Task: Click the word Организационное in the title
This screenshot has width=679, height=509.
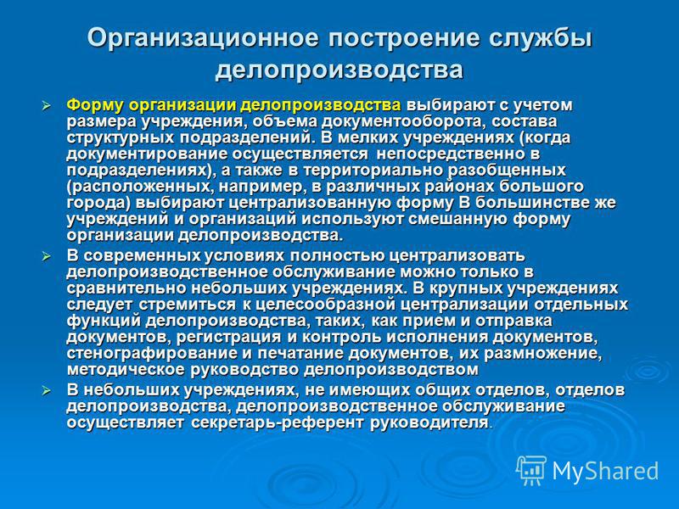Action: [x=203, y=37]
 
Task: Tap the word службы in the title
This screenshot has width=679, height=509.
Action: [x=541, y=37]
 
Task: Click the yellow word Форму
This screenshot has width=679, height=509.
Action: [x=95, y=105]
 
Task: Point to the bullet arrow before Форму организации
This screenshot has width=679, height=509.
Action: [x=46, y=105]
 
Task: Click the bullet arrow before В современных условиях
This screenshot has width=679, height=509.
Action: [x=46, y=257]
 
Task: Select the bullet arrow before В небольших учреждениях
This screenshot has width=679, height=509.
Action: [x=46, y=391]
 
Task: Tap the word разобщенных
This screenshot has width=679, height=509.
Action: [x=507, y=171]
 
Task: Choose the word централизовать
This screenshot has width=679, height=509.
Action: [x=457, y=256]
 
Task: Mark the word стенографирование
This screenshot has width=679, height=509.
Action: [x=152, y=353]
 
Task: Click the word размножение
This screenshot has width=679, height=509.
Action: [x=542, y=353]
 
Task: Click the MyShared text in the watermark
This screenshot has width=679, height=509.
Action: [x=605, y=471]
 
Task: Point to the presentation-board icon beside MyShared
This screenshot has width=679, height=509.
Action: [x=531, y=470]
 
